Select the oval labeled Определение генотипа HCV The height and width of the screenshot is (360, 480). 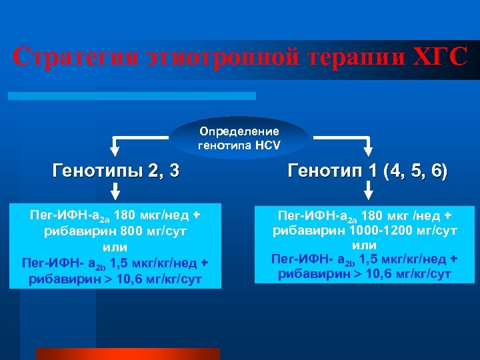[239, 137]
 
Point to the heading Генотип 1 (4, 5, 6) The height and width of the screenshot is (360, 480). [367, 171]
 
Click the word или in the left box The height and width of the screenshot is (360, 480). [115, 247]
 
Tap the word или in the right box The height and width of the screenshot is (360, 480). [365, 245]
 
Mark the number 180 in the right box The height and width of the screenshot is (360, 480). [373, 215]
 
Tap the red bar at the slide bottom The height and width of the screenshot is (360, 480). [127, 353]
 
